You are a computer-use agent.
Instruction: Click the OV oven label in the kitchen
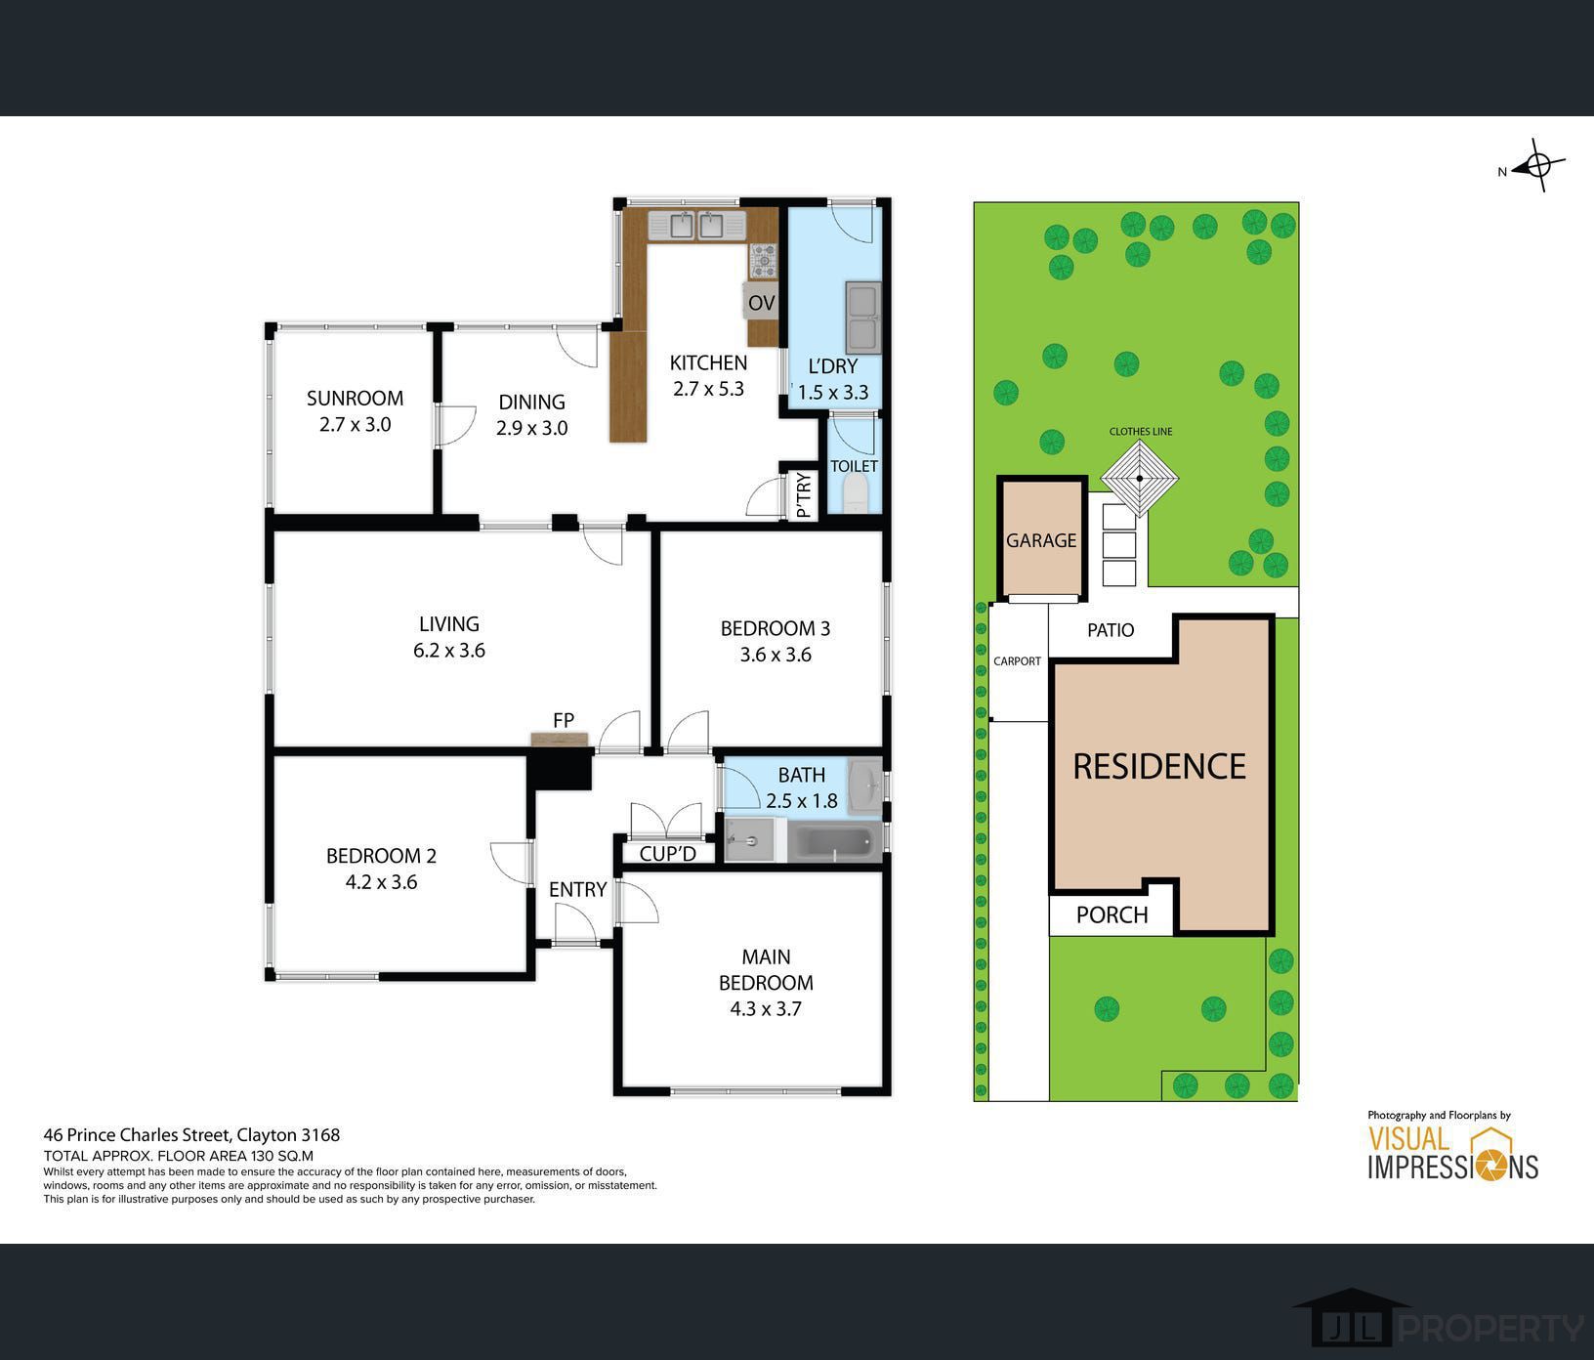click(x=762, y=303)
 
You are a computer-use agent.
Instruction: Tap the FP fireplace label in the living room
click(x=564, y=720)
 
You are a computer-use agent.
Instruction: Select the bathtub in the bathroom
click(x=833, y=841)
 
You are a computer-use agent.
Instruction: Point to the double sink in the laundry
click(x=863, y=318)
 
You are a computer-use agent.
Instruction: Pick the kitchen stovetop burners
click(x=764, y=261)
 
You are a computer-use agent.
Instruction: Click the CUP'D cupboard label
click(x=668, y=854)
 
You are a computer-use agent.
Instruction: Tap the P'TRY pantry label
click(x=804, y=495)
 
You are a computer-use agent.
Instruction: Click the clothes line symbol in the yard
click(x=1140, y=479)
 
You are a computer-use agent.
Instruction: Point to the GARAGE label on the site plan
click(x=1041, y=540)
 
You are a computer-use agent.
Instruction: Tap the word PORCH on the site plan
click(x=1112, y=915)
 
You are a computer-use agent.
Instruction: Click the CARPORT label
click(x=1017, y=661)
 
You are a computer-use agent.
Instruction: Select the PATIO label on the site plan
click(x=1111, y=630)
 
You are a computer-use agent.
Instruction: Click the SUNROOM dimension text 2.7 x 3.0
click(x=355, y=425)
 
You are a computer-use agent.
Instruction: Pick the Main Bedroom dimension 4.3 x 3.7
click(x=766, y=1009)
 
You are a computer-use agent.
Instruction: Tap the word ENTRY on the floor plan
click(x=577, y=890)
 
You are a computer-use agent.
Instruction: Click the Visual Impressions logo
click(x=1452, y=1152)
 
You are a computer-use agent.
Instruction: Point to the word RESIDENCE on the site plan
click(x=1159, y=766)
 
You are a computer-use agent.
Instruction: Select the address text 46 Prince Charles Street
click(x=138, y=1135)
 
